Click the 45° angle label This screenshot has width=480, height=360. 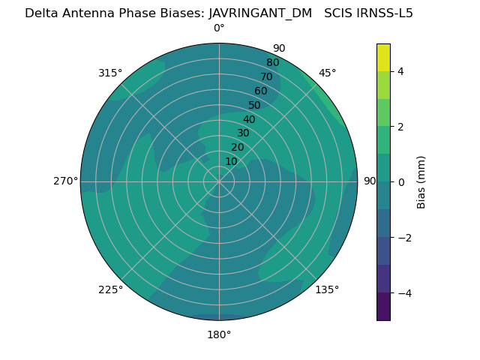(x=328, y=73)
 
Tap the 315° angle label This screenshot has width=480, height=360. (x=110, y=73)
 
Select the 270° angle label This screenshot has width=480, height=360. (x=65, y=181)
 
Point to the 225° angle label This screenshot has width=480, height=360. (x=110, y=290)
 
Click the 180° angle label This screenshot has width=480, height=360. (x=219, y=334)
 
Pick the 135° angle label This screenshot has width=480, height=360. (x=327, y=290)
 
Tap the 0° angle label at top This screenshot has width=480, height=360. (x=219, y=28)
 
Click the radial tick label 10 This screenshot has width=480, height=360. (x=231, y=162)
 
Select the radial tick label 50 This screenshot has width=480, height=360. (x=254, y=106)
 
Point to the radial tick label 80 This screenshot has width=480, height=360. (x=272, y=63)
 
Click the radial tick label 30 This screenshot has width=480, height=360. (x=243, y=133)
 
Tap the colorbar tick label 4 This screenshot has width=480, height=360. (x=400, y=72)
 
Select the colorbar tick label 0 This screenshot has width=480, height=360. (x=400, y=182)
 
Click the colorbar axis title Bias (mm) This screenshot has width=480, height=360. (x=421, y=182)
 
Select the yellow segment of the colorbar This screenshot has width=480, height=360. (x=383, y=57)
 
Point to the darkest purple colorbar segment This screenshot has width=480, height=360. (x=383, y=307)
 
